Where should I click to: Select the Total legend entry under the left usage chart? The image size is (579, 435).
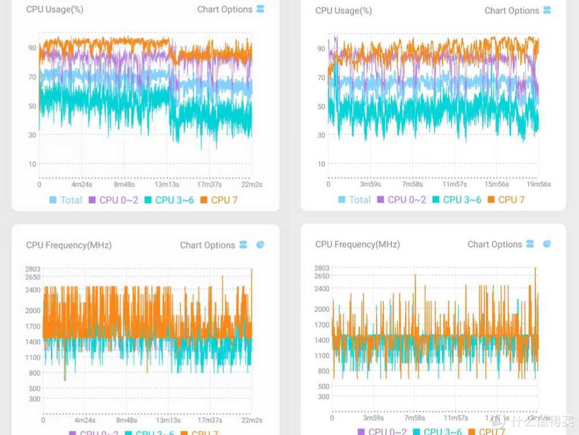[x=66, y=200]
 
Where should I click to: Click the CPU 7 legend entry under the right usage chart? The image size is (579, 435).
[x=507, y=200]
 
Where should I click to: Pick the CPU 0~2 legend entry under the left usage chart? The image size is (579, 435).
[x=113, y=200]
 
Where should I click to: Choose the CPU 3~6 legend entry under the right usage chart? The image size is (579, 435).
[x=456, y=200]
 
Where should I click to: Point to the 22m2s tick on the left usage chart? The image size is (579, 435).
[x=251, y=184]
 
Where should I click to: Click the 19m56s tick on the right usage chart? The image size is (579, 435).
[x=538, y=184]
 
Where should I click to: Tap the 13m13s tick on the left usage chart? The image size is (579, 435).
[x=167, y=184]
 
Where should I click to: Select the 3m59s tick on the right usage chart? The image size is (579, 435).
[x=371, y=184]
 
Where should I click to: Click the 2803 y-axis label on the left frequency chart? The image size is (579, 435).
[x=32, y=269]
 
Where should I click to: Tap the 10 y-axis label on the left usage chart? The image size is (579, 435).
[x=32, y=164]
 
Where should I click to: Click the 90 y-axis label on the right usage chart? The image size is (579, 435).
[x=321, y=49]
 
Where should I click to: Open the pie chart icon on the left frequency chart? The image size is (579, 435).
[x=260, y=245]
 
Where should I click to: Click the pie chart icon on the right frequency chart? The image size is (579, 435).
[x=547, y=244]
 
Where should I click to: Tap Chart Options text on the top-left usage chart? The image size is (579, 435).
[x=225, y=9]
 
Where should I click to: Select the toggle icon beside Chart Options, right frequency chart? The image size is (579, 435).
[x=530, y=244]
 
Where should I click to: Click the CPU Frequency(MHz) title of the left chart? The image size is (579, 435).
[x=69, y=245]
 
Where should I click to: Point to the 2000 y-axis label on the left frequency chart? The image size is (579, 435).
[x=32, y=310]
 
